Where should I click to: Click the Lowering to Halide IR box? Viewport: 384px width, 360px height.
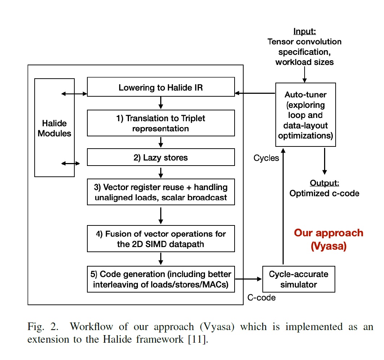point(161,87)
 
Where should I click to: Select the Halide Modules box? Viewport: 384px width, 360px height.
point(54,128)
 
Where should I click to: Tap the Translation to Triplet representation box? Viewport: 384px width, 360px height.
point(161,123)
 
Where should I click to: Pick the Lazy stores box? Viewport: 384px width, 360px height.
point(161,157)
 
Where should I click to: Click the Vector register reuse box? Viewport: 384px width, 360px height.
point(161,192)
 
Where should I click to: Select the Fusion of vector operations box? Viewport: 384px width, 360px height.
point(161,238)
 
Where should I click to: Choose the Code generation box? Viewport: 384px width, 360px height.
point(161,279)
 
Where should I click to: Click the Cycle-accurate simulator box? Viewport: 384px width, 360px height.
point(298,279)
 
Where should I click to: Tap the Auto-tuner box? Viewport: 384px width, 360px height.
point(305,115)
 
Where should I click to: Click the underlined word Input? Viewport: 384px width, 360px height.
point(305,32)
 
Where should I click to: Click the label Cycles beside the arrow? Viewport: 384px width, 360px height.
point(266,158)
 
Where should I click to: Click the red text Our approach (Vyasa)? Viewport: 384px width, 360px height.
point(328,239)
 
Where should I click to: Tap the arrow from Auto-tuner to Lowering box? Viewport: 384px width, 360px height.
point(255,93)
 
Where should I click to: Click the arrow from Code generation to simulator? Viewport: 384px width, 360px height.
point(248,279)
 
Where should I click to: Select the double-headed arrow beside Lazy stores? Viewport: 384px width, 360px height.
point(71,163)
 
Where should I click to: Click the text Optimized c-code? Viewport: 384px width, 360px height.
point(324,193)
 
